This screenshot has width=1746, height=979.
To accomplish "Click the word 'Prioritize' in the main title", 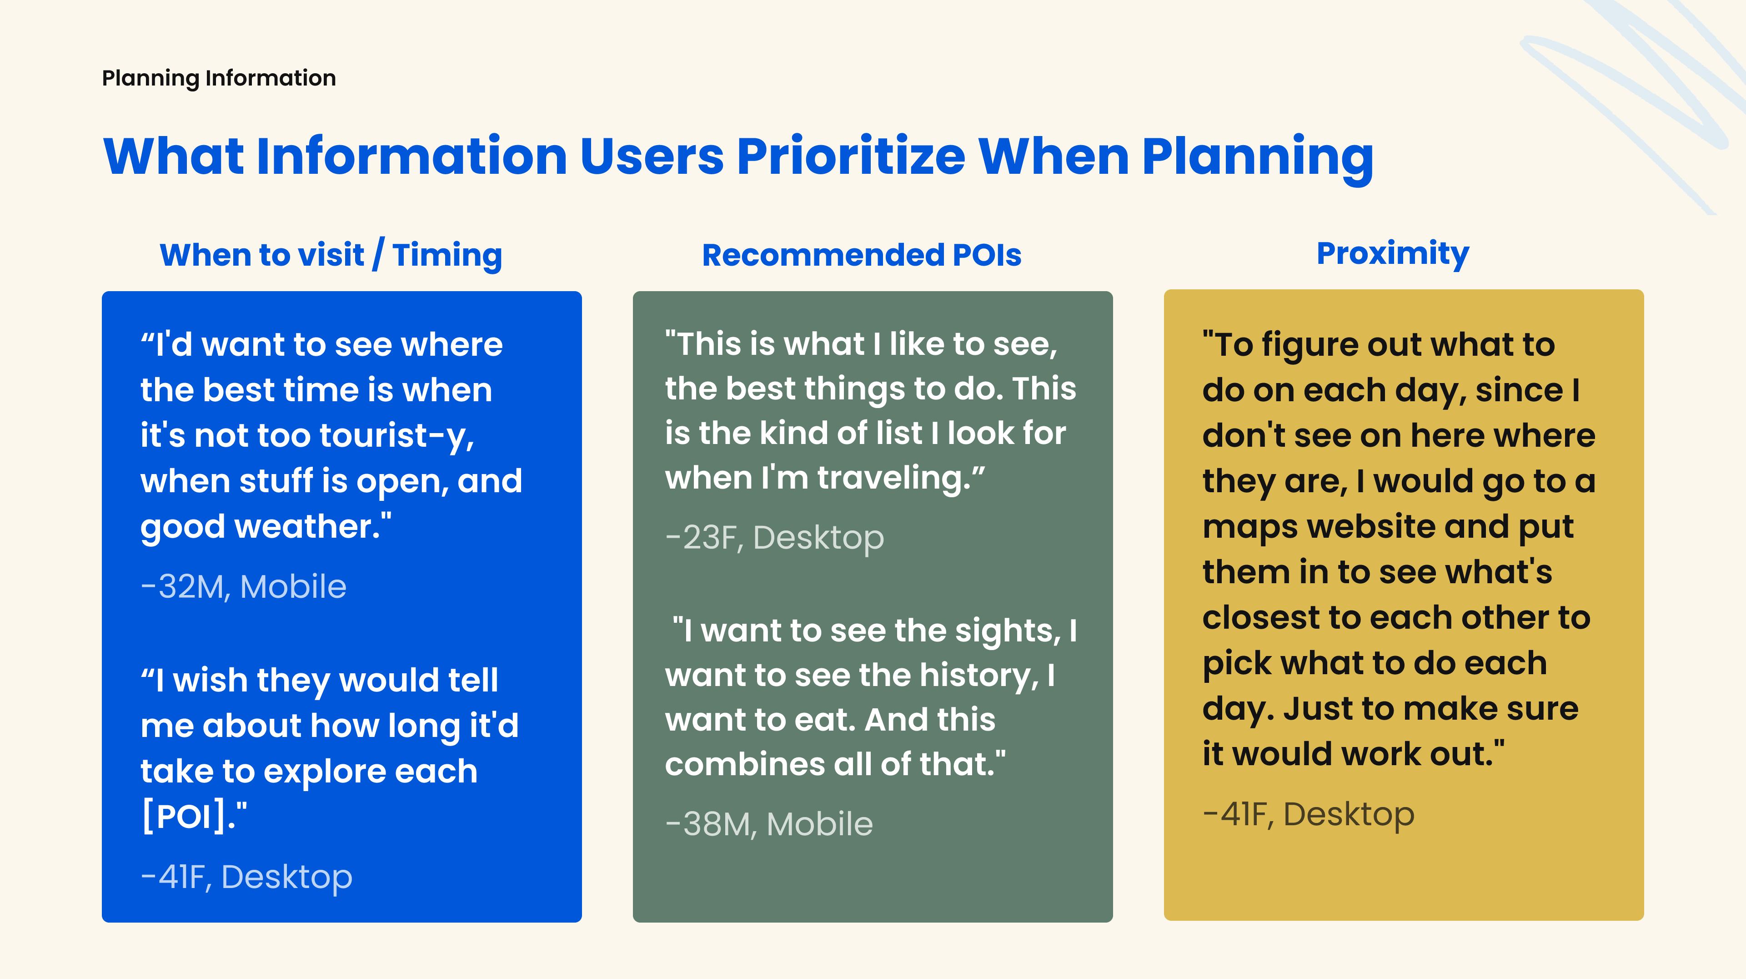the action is [851, 156].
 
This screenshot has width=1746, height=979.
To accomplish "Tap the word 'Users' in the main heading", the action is [652, 156].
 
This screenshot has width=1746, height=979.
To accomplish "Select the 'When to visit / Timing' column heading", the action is [331, 255].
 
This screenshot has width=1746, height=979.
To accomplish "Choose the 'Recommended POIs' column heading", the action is [862, 255].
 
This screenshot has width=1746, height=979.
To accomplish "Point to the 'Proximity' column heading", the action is [1393, 253].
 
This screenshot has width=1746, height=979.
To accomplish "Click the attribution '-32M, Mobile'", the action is [243, 586].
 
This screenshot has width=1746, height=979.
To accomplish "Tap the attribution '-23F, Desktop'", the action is [775, 538].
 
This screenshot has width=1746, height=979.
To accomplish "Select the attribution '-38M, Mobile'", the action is [769, 824].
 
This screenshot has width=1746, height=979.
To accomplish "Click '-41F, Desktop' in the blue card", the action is [247, 877].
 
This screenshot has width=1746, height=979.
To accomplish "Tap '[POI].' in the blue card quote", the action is [194, 816].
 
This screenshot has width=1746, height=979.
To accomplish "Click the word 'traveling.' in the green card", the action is [901, 479].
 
